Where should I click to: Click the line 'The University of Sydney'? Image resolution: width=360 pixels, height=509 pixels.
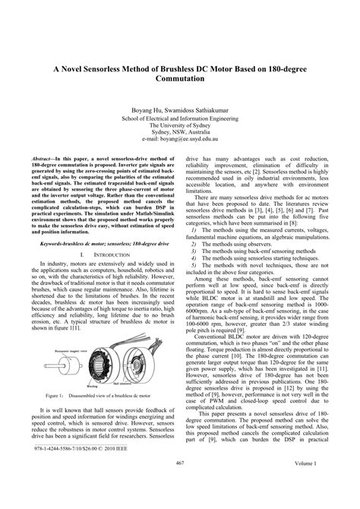180,125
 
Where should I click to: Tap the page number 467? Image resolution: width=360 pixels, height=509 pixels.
180,485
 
